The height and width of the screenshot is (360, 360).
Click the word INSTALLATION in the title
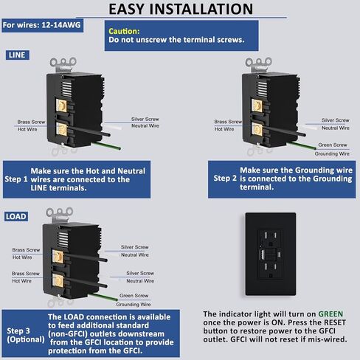(201, 9)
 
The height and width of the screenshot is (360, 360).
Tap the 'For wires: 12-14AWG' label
(42, 25)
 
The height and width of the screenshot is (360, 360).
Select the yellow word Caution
(124, 31)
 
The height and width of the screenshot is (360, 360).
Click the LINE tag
(17, 55)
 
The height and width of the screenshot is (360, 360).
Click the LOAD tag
(16, 216)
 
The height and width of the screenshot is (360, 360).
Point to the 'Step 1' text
(16, 179)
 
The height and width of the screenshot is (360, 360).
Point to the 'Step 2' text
(225, 179)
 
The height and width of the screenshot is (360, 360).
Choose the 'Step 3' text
(18, 331)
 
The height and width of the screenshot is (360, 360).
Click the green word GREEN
(330, 314)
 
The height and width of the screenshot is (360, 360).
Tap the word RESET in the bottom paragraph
(335, 322)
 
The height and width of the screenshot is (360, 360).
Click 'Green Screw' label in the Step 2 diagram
(333, 145)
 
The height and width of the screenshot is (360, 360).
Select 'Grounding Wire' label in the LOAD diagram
(134, 305)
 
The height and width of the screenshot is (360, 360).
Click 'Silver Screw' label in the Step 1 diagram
(145, 119)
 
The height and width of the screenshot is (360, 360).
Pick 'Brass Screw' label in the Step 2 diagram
(228, 122)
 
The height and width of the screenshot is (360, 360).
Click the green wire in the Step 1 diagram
(106, 145)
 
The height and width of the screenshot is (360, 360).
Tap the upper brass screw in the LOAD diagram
(58, 257)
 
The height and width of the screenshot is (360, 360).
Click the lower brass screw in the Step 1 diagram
(61, 129)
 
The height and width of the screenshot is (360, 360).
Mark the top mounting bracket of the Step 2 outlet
(258, 64)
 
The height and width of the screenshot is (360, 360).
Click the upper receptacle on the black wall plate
(270, 238)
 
